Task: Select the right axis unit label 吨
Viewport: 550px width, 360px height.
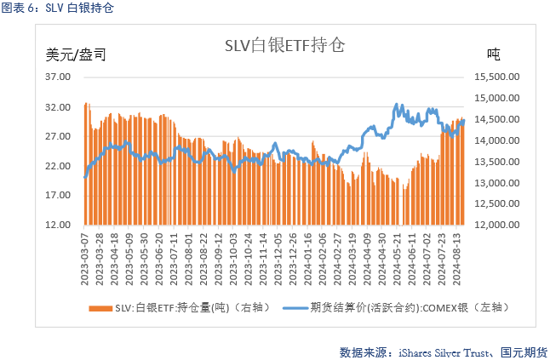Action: point(493,54)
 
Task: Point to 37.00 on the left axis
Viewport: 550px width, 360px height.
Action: point(57,77)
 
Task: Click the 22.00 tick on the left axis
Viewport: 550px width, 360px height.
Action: point(57,166)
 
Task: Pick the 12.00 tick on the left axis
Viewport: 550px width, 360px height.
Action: point(57,225)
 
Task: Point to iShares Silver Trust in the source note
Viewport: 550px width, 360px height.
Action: point(435,350)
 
